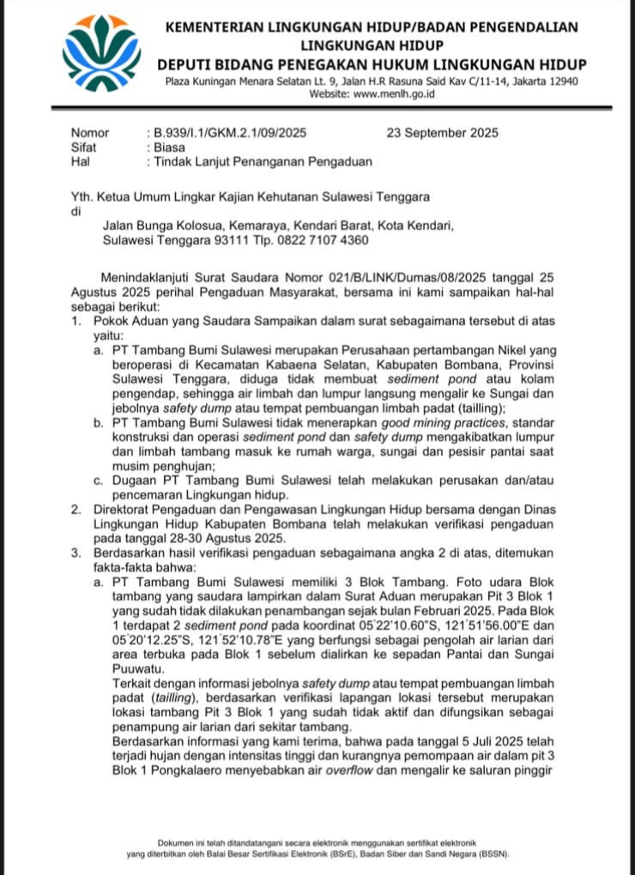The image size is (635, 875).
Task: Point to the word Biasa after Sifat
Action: [x=169, y=147]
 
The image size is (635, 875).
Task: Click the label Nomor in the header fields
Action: [x=90, y=133]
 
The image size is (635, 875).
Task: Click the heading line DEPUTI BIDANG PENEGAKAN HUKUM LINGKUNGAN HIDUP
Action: [x=372, y=65]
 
